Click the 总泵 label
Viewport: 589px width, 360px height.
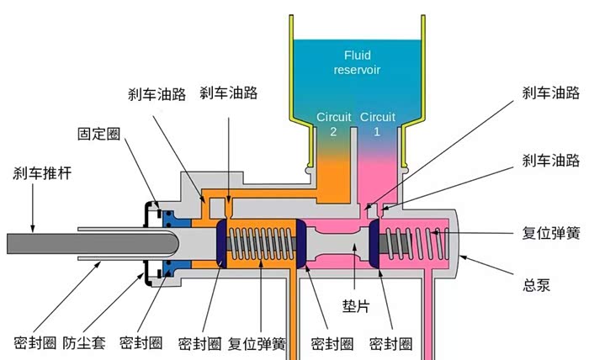click(x=536, y=284)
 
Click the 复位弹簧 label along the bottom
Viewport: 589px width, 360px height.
click(x=256, y=343)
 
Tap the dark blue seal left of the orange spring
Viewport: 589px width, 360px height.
click(x=223, y=242)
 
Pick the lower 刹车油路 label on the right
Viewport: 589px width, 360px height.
click(x=549, y=160)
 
